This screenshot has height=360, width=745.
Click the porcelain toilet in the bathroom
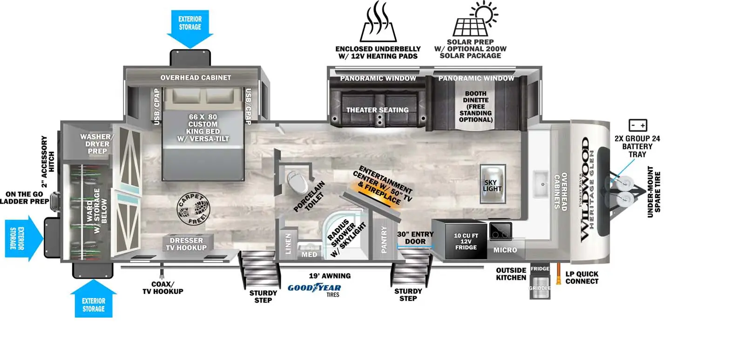pos(295,179)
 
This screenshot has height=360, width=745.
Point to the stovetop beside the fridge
pos(500,230)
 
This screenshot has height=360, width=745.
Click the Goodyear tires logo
pos(314,289)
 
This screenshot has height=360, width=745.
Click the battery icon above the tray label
pos(637,125)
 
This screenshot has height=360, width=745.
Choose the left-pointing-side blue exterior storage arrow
pos(23,238)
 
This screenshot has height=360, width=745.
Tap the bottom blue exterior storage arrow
pos(93,300)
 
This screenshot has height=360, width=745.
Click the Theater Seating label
pos(377,110)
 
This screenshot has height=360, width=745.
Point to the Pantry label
pos(384,240)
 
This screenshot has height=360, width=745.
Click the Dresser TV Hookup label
pos(186,244)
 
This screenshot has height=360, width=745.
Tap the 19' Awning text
pos(330,276)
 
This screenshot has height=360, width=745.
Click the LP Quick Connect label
pos(582,278)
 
